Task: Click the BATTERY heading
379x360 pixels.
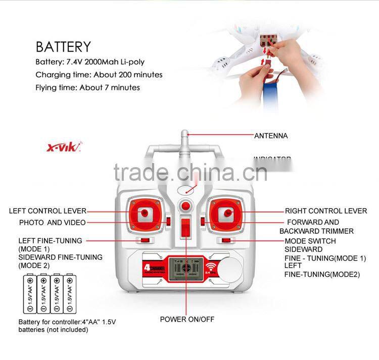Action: [63, 47]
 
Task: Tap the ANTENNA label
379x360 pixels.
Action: [270, 136]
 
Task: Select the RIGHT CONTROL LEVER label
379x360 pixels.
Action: [326, 211]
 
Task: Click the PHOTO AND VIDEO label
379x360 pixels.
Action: [53, 223]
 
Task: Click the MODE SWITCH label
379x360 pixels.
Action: [310, 241]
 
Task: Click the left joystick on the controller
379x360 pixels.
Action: [146, 214]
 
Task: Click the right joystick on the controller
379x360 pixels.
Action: [227, 214]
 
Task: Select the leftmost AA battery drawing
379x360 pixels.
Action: [30, 293]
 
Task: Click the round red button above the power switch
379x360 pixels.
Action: [186, 206]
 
